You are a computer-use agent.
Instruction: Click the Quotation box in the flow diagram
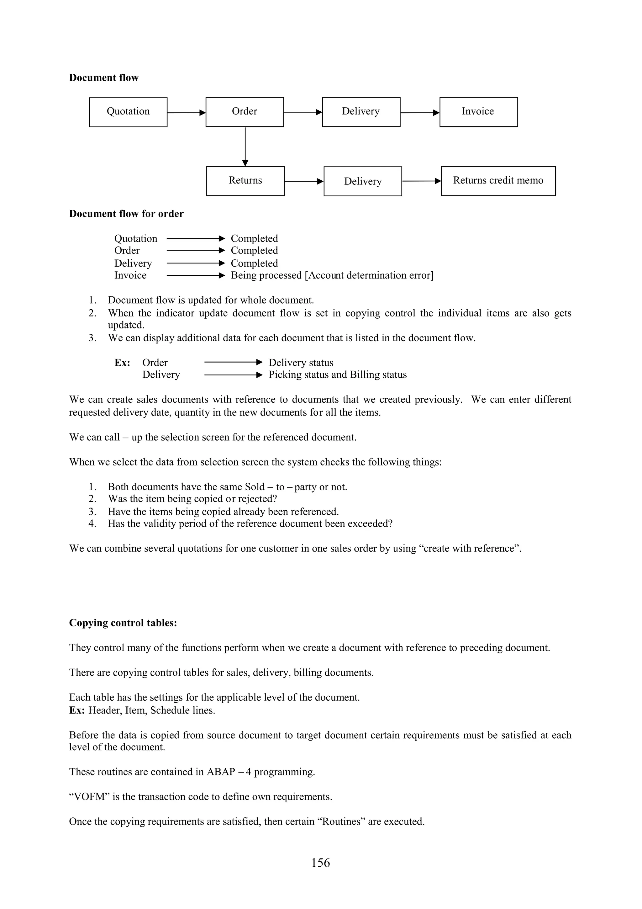(128, 112)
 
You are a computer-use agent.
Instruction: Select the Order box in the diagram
(245, 112)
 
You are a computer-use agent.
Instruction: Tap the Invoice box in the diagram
(478, 112)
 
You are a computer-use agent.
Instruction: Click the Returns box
(245, 181)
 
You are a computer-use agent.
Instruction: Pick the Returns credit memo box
(498, 181)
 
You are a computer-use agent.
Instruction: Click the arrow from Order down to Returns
(245, 146)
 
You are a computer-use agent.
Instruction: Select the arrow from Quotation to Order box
(186, 113)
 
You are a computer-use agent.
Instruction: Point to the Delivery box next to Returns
(363, 181)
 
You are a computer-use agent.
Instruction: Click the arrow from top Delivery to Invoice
(420, 113)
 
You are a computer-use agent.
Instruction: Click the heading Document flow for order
(126, 214)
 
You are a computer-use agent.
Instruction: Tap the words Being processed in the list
(266, 275)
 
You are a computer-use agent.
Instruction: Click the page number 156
(320, 863)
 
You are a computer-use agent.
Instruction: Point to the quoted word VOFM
(89, 797)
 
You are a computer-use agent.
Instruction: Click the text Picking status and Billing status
(337, 375)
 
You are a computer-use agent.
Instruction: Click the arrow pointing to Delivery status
(233, 362)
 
